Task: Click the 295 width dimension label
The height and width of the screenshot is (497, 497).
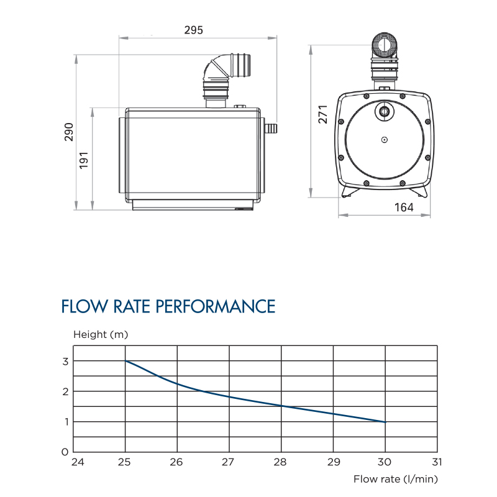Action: [194, 30]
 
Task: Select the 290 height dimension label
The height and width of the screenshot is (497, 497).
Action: [69, 132]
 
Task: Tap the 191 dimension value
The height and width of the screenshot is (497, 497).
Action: [85, 160]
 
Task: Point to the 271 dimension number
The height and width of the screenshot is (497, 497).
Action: [322, 114]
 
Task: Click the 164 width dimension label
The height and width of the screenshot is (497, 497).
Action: [404, 207]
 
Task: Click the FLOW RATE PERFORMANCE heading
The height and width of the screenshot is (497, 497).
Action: [168, 306]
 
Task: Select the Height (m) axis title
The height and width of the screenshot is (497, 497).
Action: [100, 334]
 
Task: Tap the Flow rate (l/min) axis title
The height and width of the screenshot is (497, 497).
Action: [396, 478]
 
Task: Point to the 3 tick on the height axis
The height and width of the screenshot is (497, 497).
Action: [65, 361]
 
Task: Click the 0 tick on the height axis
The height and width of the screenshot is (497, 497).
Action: [65, 452]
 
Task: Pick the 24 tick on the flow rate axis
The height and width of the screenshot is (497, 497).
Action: [77, 462]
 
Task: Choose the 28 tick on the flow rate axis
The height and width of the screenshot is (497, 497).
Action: [281, 462]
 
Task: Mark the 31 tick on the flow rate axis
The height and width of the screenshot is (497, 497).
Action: [437, 462]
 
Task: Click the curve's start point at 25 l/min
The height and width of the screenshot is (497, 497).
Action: [125, 361]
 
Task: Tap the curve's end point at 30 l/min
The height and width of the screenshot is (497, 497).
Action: [385, 422]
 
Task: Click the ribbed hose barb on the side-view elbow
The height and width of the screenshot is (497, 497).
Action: [242, 65]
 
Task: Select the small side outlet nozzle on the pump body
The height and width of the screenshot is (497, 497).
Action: [270, 129]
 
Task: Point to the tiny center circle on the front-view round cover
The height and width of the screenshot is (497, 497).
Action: [385, 140]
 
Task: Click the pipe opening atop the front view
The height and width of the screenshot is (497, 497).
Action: [385, 44]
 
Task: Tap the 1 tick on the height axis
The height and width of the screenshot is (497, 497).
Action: [65, 422]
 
